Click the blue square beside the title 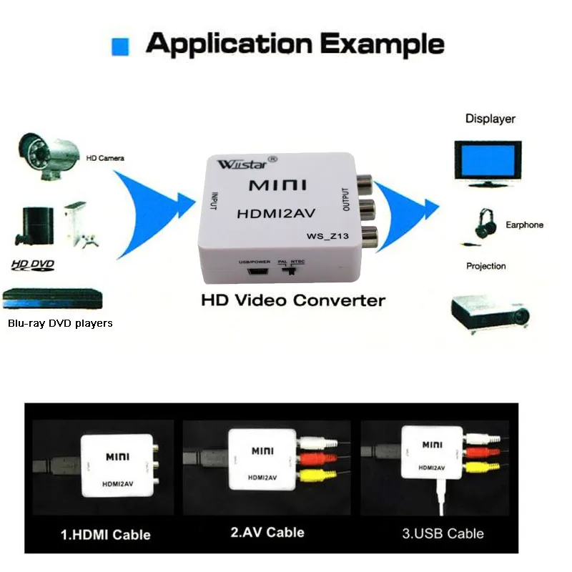point(120,47)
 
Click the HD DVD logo point(32,266)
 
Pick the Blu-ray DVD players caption point(60,323)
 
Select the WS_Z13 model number point(327,237)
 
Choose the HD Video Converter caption point(293,300)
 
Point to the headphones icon point(486,223)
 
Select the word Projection point(485,266)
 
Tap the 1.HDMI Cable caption point(105,534)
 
